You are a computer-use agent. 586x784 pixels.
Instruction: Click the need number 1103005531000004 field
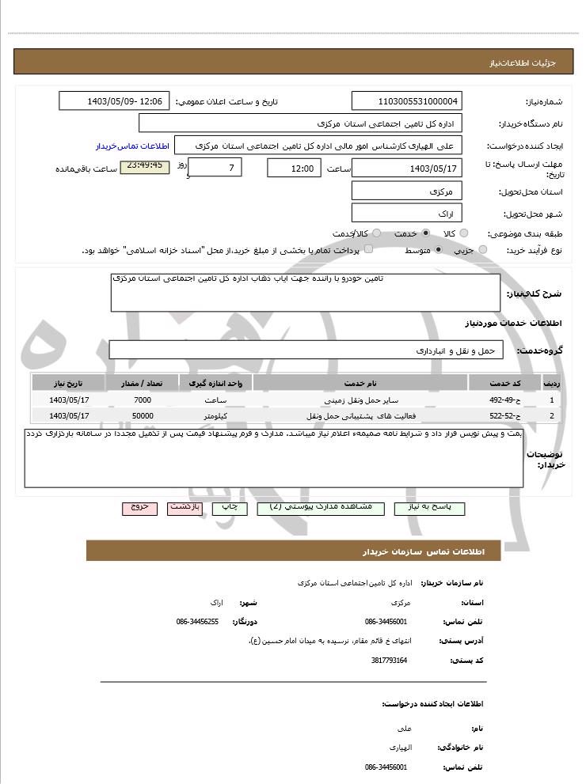coord(406,101)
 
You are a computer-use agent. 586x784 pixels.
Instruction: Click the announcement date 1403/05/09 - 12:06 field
coord(114,101)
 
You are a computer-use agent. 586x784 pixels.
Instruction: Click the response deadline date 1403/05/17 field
coord(406,168)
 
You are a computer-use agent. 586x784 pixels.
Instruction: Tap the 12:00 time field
coord(294,168)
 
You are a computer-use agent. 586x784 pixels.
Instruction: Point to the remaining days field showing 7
coord(215,168)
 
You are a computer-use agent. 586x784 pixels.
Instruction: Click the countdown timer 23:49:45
coord(144,166)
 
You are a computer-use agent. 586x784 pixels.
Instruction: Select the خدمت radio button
coord(426,233)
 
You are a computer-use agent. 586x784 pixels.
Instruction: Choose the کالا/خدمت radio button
coord(376,233)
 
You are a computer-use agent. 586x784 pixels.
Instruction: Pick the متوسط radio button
coord(438,250)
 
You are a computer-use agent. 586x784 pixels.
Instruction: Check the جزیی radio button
coord(483,250)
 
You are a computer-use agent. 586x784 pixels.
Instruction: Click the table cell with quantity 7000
coord(143,400)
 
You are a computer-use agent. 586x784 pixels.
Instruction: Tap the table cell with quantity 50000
coord(143,415)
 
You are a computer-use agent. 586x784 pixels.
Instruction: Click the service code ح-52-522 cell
coord(504,415)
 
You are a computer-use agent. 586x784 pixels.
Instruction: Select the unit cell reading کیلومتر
coord(215,415)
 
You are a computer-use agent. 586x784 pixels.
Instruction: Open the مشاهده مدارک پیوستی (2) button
coord(320,508)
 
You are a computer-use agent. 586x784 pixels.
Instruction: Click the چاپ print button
coord(229,508)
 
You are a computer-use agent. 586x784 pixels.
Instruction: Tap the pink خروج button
coord(139,508)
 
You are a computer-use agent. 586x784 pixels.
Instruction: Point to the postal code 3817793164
coord(389,660)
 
